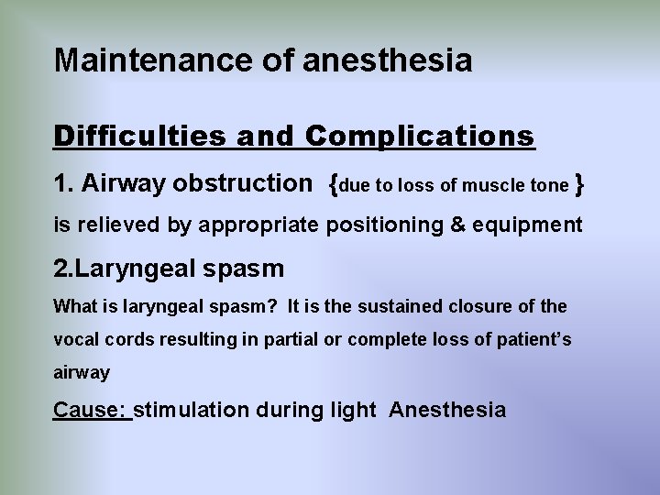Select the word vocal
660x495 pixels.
(x=73, y=339)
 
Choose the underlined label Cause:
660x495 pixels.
(x=92, y=409)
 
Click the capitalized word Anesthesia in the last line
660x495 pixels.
(x=446, y=409)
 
